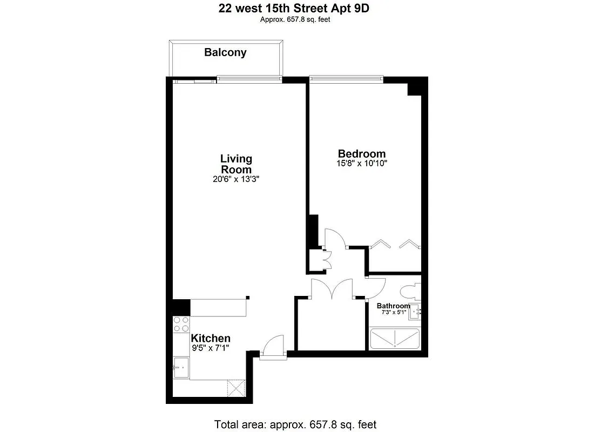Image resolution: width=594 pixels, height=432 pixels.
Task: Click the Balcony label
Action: point(225,52)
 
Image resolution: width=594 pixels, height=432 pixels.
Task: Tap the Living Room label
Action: point(236,164)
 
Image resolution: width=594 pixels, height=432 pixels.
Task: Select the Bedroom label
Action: point(362,153)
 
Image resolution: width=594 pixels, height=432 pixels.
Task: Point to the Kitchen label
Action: point(211,338)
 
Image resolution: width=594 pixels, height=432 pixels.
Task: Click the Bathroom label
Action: point(393,306)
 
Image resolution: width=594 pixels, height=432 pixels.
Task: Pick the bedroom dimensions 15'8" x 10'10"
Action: point(362,163)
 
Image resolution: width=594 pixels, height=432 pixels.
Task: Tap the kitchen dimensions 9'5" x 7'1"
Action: point(211,348)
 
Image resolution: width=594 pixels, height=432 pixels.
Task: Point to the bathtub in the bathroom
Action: point(395,338)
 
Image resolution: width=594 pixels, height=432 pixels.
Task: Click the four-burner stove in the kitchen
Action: point(181,324)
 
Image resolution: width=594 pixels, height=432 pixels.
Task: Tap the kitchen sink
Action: point(181,368)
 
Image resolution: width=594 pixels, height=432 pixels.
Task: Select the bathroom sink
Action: point(416,312)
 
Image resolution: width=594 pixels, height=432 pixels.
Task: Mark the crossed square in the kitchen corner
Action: point(235,387)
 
